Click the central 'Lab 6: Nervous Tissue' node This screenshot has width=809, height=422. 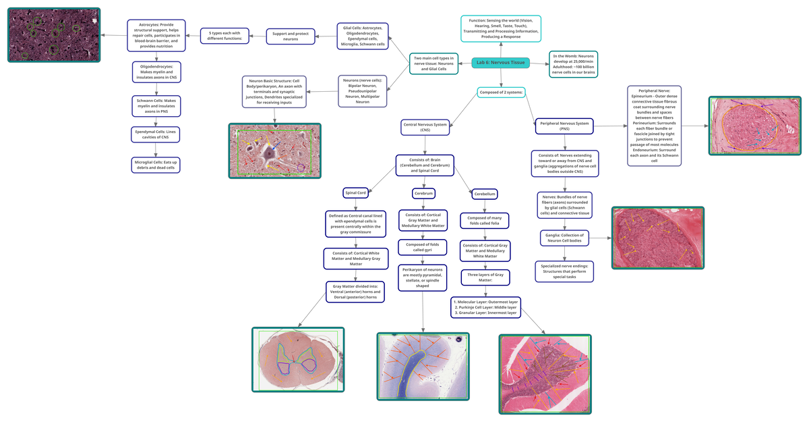click(501, 62)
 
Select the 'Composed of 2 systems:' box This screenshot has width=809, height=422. click(501, 92)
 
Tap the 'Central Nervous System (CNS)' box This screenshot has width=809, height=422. click(425, 126)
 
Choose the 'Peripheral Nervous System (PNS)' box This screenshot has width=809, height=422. click(564, 124)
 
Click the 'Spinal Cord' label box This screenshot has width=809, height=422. click(355, 192)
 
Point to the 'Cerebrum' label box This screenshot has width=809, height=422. click(423, 193)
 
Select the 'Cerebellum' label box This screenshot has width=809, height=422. click(484, 193)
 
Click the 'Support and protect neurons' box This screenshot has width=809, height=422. click(291, 36)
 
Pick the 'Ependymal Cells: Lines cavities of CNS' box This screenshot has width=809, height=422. click(156, 134)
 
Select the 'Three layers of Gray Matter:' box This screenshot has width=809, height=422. click(485, 277)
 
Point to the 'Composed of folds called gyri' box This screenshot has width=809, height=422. click(423, 246)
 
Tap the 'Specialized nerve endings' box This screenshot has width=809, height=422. click(565, 271)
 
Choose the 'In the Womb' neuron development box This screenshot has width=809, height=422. click(573, 63)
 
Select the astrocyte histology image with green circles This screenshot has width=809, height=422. click(54, 35)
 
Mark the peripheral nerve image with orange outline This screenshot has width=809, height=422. click(750, 126)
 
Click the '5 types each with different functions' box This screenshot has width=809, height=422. click(225, 35)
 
